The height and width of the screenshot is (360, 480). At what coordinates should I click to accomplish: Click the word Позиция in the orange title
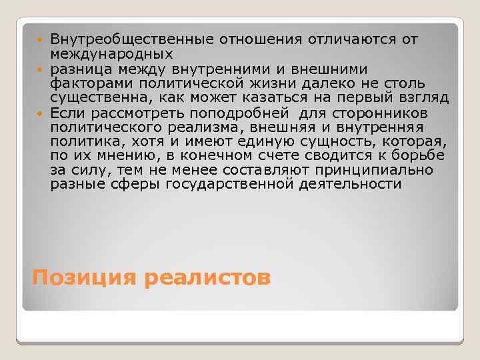pos(83,276)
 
